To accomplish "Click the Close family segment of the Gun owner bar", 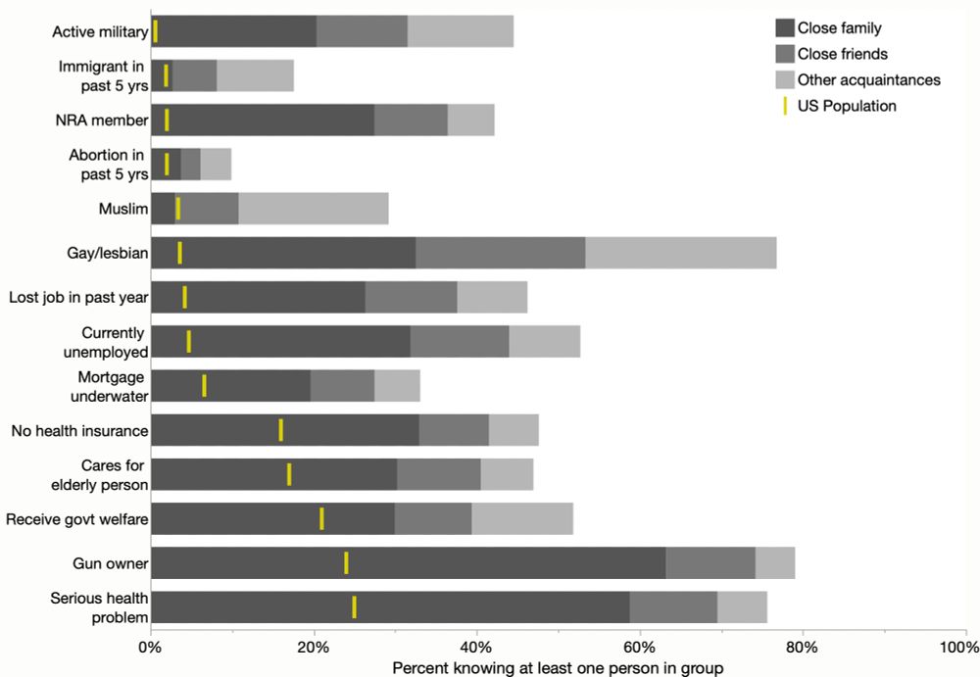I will [409, 563].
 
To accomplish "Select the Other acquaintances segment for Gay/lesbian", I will [680, 253].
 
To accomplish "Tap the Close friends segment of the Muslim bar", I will [207, 209].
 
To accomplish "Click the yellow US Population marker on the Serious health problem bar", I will [354, 606].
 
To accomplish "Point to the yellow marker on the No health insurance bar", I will [280, 430].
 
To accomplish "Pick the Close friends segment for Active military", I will [362, 31].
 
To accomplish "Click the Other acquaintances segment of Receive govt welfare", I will [521, 518].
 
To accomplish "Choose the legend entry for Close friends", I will [842, 54].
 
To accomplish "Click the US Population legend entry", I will [846, 106].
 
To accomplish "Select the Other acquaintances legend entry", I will [868, 79].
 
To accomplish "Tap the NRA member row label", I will [102, 121].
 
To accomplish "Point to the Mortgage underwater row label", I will [112, 386].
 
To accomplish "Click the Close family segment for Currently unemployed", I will [280, 341].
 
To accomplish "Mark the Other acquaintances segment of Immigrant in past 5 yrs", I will [255, 75].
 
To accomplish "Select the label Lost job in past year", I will [77, 297].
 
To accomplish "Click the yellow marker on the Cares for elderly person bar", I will [289, 474].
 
